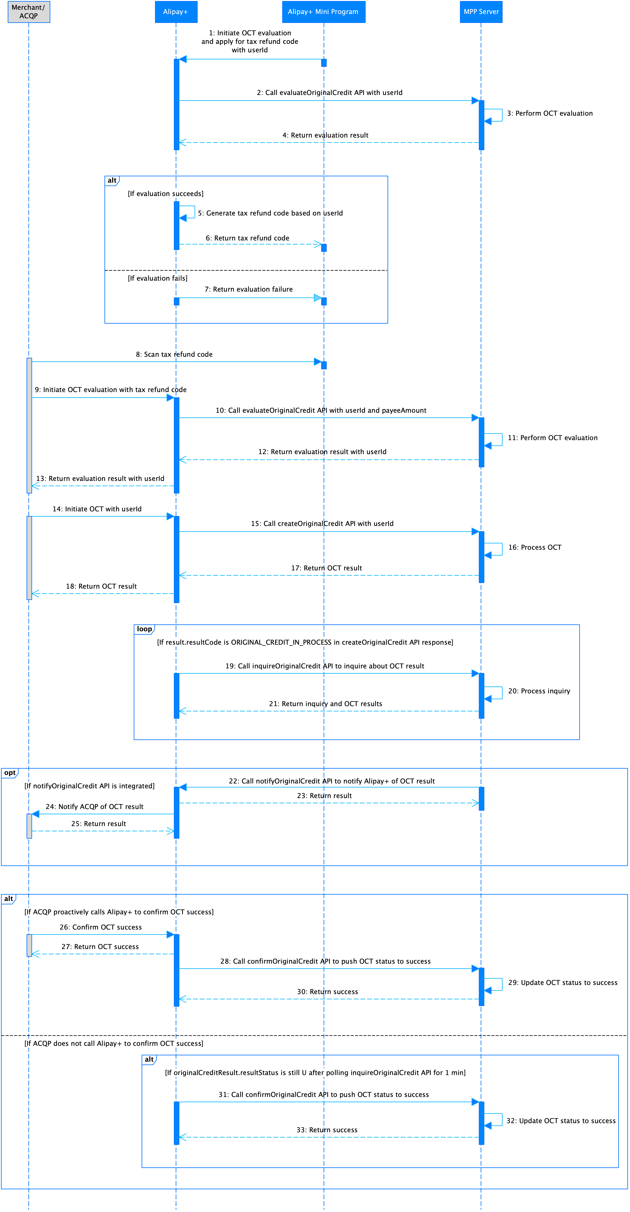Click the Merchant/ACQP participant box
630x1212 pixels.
[29, 12]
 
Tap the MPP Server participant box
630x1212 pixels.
[481, 12]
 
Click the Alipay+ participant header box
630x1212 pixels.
[176, 12]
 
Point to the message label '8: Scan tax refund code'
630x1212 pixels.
[174, 354]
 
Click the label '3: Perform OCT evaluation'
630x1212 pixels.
[549, 113]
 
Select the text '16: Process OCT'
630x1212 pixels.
[534, 547]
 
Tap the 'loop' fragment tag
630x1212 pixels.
[144, 629]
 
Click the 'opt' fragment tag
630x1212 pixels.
[9, 772]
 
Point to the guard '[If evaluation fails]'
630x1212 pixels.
[158, 278]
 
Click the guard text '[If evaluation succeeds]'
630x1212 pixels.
[166, 193]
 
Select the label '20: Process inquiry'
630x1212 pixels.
[539, 691]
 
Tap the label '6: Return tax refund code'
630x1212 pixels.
[248, 238]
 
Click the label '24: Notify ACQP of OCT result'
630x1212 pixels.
[95, 806]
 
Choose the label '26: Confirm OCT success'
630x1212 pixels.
[101, 927]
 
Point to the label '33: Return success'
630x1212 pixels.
[327, 1130]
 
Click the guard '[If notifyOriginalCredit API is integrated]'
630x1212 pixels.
[89, 786]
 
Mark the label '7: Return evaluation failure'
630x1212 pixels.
[248, 289]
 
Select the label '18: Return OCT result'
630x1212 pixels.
[101, 586]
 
